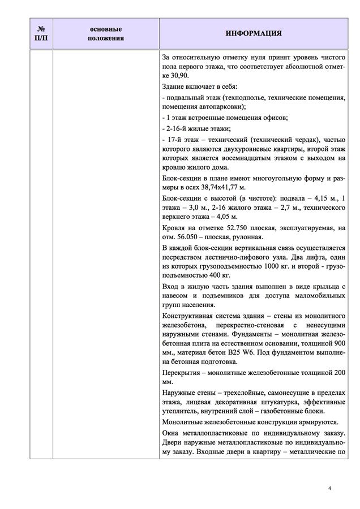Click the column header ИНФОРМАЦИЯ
coord(254,33)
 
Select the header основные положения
coord(106,33)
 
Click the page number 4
coord(329,488)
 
